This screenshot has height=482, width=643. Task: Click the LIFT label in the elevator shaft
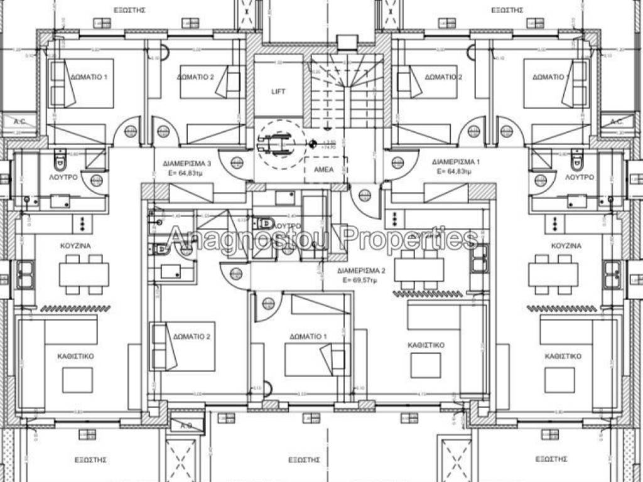278,92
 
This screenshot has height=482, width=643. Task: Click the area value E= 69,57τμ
360,281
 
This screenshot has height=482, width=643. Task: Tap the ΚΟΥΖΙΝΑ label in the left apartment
73,245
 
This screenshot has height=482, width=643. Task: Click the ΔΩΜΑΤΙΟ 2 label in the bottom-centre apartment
191,337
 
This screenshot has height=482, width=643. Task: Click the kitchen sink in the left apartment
26,274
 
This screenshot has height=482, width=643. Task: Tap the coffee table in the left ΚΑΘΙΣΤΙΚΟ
77,380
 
